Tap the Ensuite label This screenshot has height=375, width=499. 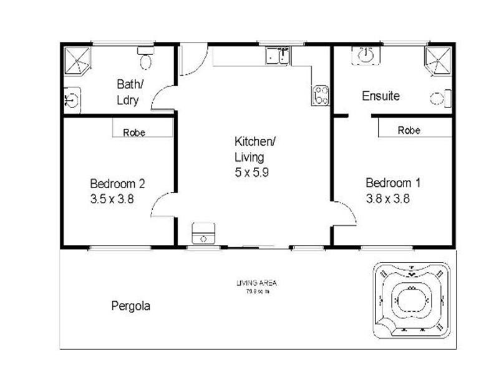[x=381, y=96]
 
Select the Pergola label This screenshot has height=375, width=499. [x=130, y=306]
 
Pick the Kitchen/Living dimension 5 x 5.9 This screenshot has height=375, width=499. [x=252, y=171]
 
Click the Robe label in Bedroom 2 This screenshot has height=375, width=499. [x=134, y=132]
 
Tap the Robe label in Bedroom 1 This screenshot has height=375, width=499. [x=409, y=131]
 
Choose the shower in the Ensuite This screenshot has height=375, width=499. [x=436, y=59]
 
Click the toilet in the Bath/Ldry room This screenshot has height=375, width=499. [x=146, y=59]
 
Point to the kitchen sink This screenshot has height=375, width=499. [x=277, y=56]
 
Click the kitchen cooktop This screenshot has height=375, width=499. [x=321, y=95]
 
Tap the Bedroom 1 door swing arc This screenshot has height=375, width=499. [x=346, y=211]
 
